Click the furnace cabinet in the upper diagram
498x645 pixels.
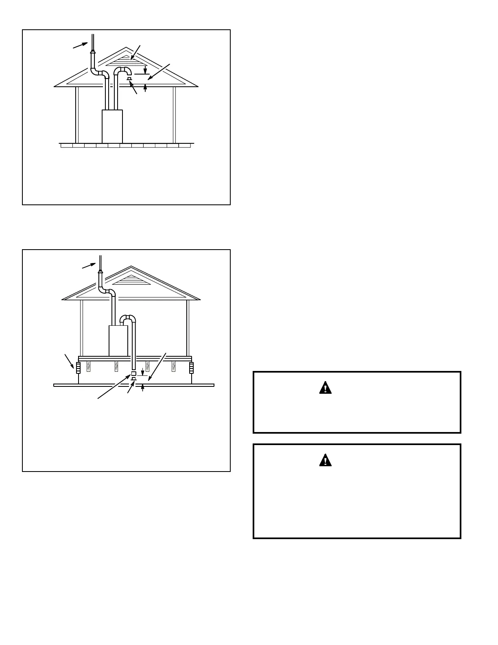tap(112, 126)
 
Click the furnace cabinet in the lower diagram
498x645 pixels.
tap(118, 340)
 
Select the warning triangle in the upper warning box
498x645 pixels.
tap(325, 388)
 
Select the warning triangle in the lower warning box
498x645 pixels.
tap(325, 460)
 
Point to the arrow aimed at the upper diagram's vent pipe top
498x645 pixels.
tap(80, 45)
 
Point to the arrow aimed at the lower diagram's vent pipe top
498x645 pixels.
tap(89, 265)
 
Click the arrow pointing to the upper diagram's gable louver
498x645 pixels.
tap(135, 53)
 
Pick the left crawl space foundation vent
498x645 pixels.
tap(79, 368)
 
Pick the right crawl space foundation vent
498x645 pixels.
tap(191, 368)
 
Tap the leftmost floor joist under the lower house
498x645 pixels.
tap(89, 366)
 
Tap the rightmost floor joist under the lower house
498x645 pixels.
tap(174, 366)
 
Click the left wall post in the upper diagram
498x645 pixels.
tap(76, 114)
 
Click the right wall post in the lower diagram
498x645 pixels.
tap(188, 328)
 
